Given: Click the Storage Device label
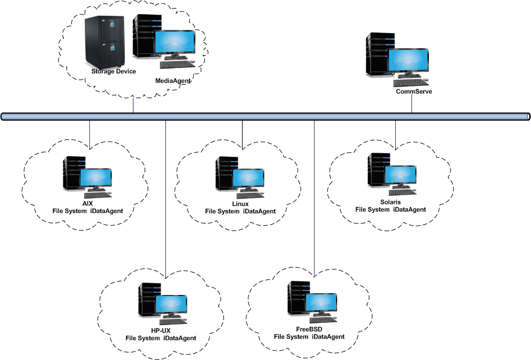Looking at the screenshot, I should coord(114,71).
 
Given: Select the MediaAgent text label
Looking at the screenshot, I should coord(173,81).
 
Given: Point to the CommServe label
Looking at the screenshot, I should coord(414,91).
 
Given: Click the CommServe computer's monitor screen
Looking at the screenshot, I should coord(409,62).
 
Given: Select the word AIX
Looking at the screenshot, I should coord(87,203).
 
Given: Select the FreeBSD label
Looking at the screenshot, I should coord(309,329).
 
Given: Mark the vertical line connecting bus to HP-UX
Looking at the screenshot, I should coord(165,197).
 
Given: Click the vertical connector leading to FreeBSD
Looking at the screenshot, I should coord(314,197).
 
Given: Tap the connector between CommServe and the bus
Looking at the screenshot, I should coord(412,104).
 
